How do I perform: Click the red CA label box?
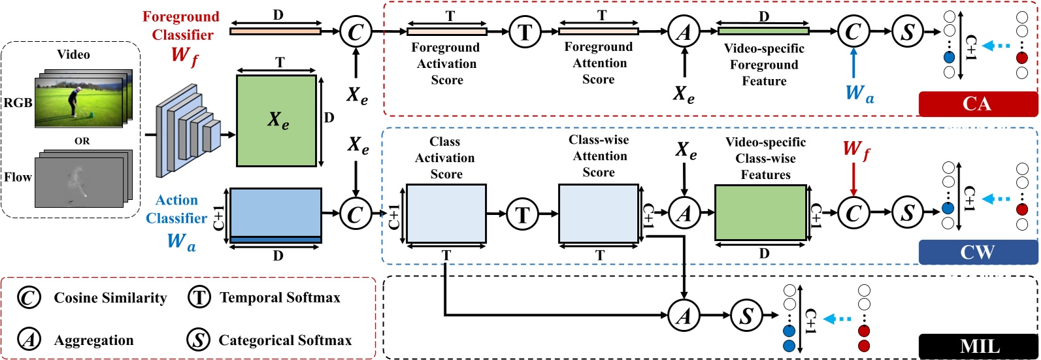(x=978, y=104)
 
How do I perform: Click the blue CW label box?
(x=978, y=252)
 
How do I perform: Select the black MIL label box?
(x=979, y=346)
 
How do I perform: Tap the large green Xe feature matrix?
(x=276, y=120)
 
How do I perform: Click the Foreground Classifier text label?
(x=181, y=26)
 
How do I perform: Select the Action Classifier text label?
(x=176, y=209)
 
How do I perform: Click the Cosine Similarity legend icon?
(x=29, y=298)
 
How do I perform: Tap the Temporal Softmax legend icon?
(x=199, y=298)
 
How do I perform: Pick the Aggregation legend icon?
(x=29, y=340)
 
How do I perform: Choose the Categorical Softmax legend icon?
(x=199, y=340)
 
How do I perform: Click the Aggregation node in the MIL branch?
(x=684, y=316)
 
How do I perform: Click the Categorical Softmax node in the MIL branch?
(x=746, y=316)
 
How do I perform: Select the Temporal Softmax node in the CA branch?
(x=524, y=31)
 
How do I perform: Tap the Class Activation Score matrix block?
(x=446, y=213)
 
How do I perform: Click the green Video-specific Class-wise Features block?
(x=760, y=213)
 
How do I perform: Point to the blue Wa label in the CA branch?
(x=859, y=93)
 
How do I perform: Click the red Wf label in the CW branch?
(x=856, y=150)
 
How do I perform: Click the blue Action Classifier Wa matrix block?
(x=276, y=216)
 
